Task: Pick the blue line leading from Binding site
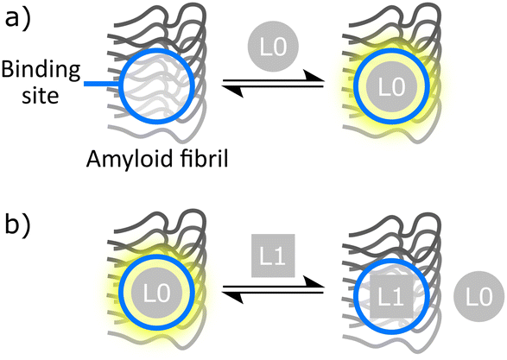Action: click(101, 85)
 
